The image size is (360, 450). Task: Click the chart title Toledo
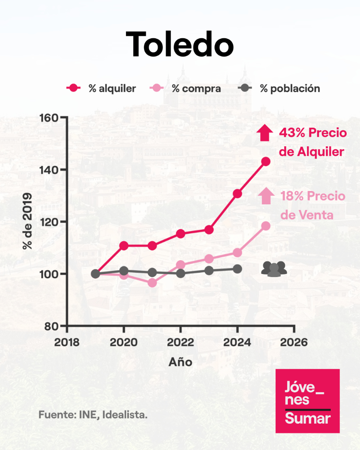[x=180, y=44]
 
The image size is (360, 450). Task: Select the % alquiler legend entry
[x=102, y=89]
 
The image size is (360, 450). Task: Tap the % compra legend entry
[x=186, y=89]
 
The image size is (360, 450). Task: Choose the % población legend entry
[x=279, y=89]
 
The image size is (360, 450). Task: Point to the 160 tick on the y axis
[x=48, y=117]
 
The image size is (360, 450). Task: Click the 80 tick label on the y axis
[x=51, y=326]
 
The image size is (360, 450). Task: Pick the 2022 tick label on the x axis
[x=181, y=342]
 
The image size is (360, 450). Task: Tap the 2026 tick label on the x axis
[x=294, y=342]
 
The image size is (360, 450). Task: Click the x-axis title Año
[x=180, y=362]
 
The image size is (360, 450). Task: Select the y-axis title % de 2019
[x=28, y=221]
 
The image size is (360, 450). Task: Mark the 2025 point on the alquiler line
[x=266, y=162]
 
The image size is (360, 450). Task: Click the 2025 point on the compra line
[x=266, y=226]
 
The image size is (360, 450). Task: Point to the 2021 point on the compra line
[x=152, y=283]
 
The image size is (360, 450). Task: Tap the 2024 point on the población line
[x=237, y=269]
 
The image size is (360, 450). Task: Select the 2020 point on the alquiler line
[x=124, y=246]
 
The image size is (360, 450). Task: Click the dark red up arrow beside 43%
[x=264, y=133]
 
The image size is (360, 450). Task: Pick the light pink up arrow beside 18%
[x=266, y=196]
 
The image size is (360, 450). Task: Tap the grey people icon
[x=274, y=269]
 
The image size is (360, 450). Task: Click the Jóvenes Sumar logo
[x=308, y=401]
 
